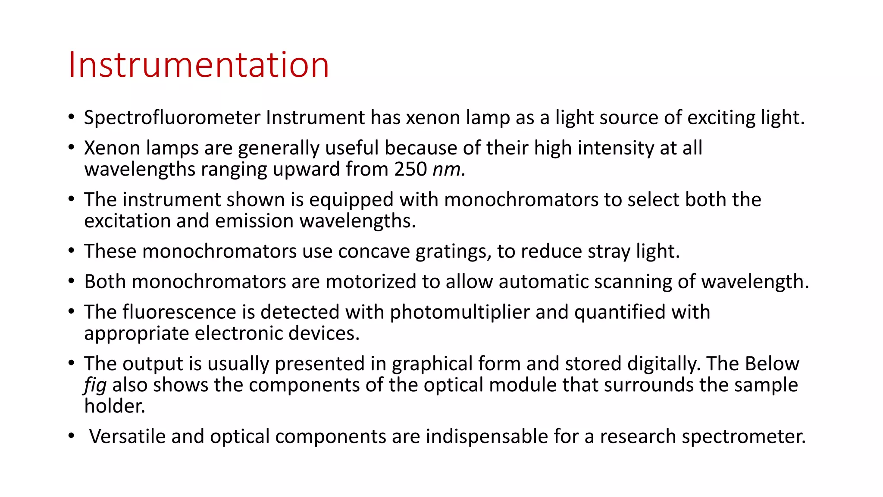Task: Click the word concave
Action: coord(374,252)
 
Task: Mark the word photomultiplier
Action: coord(460,312)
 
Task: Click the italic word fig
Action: coord(95,385)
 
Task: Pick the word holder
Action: coord(115,406)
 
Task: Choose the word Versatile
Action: coord(127,437)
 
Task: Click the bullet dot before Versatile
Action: coord(71,436)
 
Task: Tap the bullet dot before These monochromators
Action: coord(71,251)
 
